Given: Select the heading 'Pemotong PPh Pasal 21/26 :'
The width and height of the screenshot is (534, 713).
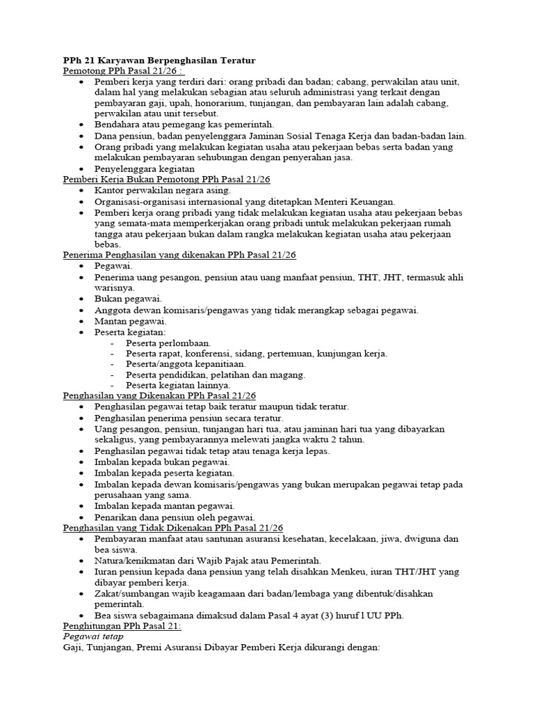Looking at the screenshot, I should coord(123,71).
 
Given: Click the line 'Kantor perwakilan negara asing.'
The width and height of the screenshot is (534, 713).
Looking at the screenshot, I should coord(163,190).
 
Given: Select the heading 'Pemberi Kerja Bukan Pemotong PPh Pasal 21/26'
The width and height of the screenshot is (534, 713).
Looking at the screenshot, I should coord(166,180).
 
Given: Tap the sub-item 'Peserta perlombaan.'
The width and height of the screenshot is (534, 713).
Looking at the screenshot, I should coord(168,343).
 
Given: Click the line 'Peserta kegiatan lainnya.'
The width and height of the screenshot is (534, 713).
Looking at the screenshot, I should coord(178,385).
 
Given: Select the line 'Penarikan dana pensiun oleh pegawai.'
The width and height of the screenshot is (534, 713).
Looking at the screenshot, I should coord(175,517).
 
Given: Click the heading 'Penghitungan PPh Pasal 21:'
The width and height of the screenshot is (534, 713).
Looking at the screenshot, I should coord(122,626).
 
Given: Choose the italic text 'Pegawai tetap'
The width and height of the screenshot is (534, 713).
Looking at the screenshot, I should coord(92,636).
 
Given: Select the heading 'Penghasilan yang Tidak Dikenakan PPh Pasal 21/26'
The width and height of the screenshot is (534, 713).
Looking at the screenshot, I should coord(173,528).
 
